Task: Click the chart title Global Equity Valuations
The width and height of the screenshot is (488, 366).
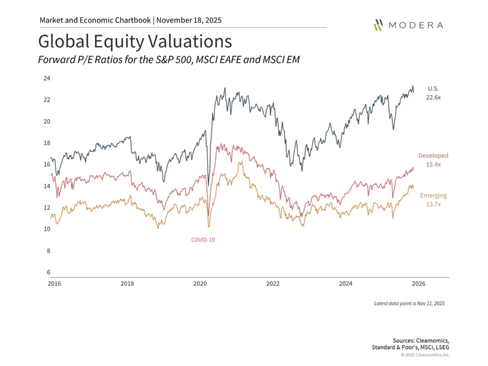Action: (135, 41)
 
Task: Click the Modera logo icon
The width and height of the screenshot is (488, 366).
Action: (379, 25)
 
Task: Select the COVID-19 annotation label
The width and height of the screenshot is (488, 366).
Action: (203, 240)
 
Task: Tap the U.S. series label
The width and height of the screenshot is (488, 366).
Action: (433, 88)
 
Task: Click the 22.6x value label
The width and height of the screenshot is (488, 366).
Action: (433, 98)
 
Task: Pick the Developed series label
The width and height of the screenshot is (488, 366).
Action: (433, 156)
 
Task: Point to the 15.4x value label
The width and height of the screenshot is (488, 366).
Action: (433, 164)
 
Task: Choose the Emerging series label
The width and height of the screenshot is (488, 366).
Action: (433, 196)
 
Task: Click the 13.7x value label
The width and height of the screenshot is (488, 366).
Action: (433, 204)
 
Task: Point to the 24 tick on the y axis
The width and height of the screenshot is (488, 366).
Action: (47, 79)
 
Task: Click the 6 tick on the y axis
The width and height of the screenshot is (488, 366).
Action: (49, 272)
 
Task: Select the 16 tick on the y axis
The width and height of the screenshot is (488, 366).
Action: (47, 165)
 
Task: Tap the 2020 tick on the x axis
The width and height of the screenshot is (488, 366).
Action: (200, 284)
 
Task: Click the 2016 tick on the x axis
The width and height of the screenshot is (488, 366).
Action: (55, 284)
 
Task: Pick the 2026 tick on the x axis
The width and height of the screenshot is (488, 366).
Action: (418, 284)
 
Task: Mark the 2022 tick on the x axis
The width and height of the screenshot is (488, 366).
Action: (273, 284)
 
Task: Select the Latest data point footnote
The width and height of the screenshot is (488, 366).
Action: (409, 303)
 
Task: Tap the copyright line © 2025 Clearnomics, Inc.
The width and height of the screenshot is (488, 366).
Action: (425, 354)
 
